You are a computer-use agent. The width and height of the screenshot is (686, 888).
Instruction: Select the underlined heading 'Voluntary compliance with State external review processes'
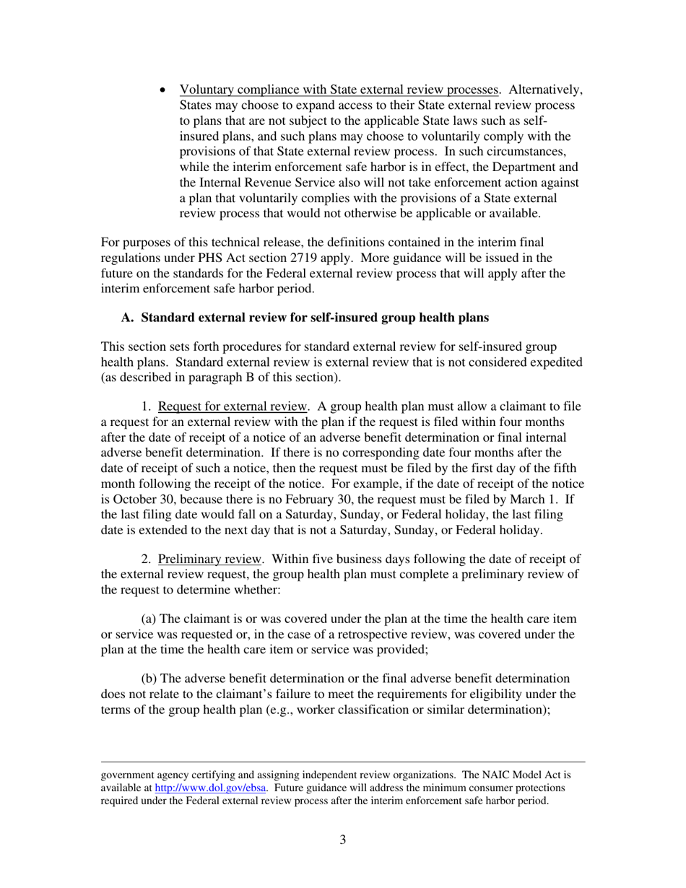339,90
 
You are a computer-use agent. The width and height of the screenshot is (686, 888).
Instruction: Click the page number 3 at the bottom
342,840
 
